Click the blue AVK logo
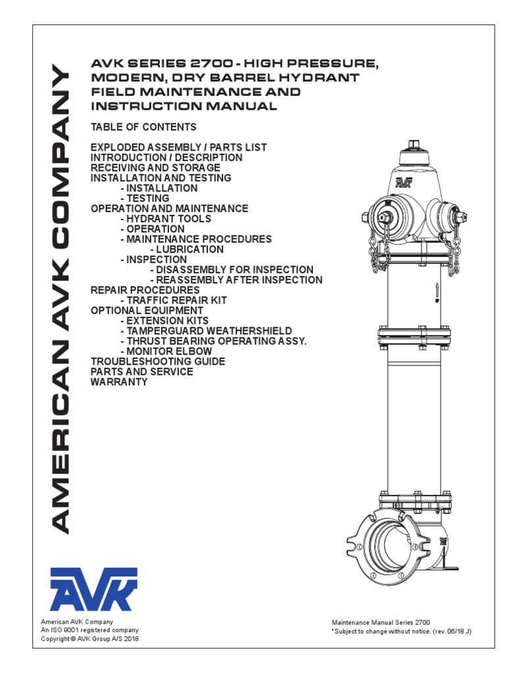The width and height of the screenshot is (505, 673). click(93, 590)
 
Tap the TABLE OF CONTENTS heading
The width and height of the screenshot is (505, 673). click(143, 127)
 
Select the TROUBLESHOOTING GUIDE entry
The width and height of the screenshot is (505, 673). click(158, 361)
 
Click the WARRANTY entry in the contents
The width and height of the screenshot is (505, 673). click(119, 382)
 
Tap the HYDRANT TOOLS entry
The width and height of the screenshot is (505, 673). click(166, 218)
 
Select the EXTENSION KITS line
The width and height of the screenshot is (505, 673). click(171, 321)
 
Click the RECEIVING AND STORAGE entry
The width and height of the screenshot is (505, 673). click(155, 168)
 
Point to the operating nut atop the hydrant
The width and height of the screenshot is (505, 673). click(414, 145)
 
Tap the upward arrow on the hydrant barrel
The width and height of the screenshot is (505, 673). click(436, 290)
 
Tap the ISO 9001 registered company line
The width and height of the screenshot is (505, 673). click(90, 630)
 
